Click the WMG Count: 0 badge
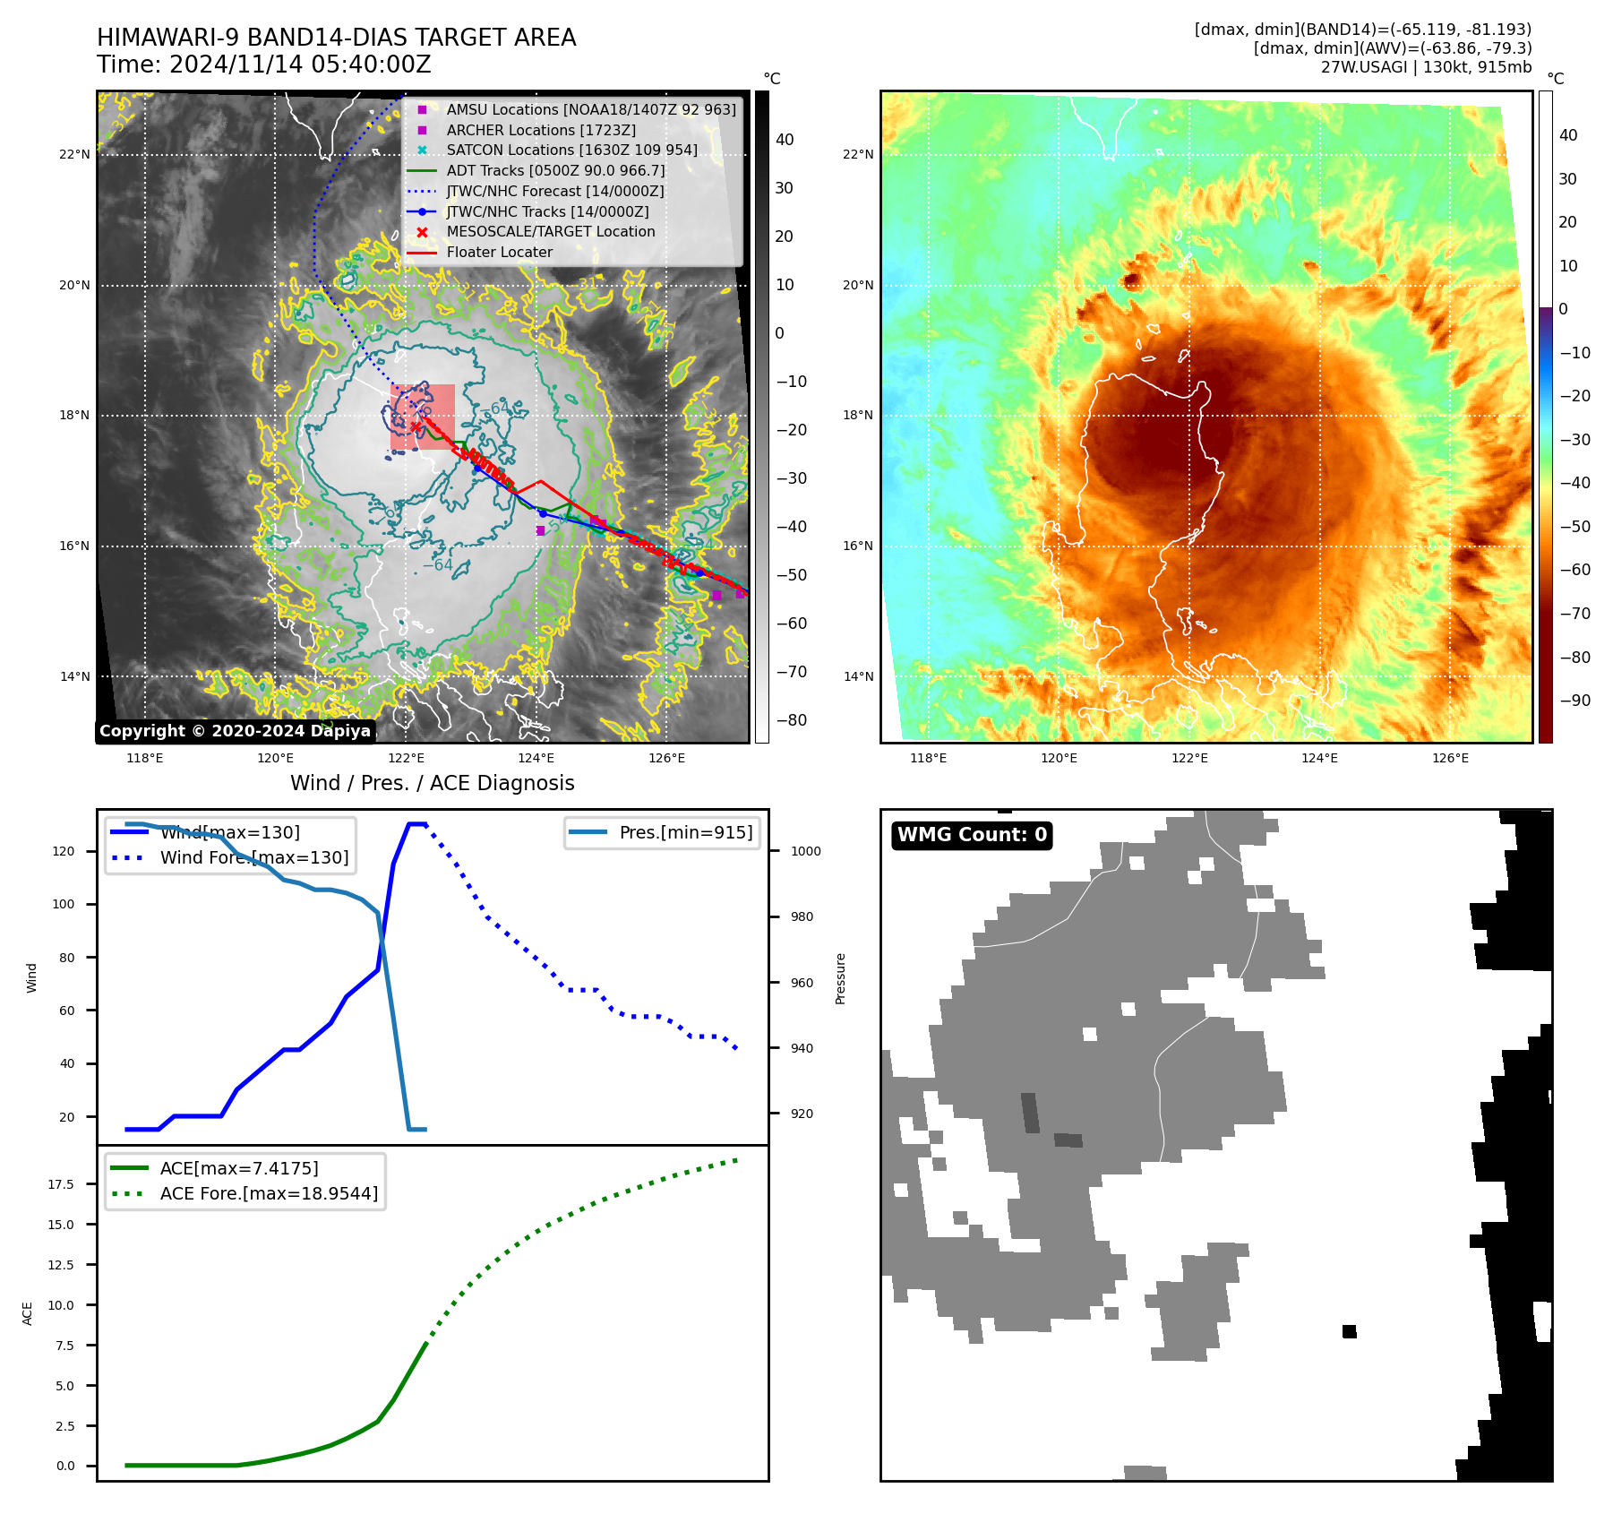[x=972, y=835]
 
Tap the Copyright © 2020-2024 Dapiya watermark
[x=235, y=731]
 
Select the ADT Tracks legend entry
[x=555, y=170]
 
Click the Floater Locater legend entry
[x=499, y=253]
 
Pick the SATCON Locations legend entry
[x=571, y=150]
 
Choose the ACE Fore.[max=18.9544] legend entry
[x=269, y=1193]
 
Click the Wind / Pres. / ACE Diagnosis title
[x=432, y=783]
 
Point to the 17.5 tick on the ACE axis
[x=61, y=1184]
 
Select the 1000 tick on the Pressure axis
[x=805, y=851]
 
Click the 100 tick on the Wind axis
[x=64, y=904]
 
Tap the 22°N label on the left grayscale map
[x=74, y=154]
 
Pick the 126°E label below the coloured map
[x=1450, y=758]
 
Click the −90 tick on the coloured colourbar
[x=1574, y=701]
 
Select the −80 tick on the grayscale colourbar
[x=791, y=720]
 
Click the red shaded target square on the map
[x=423, y=417]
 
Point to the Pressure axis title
[x=840, y=978]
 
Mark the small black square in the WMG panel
[x=1349, y=1331]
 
